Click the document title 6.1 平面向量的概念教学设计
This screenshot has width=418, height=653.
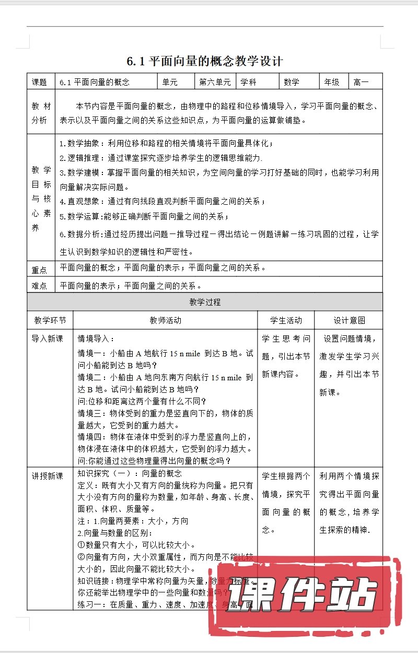[x=205, y=61]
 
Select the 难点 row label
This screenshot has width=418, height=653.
[x=40, y=286]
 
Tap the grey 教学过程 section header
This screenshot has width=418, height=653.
[x=205, y=302]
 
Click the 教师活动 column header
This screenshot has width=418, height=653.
[x=165, y=320]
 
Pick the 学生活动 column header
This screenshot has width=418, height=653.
[x=286, y=320]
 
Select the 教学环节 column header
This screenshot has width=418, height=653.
[x=50, y=320]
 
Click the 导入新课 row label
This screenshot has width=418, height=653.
[x=48, y=339]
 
